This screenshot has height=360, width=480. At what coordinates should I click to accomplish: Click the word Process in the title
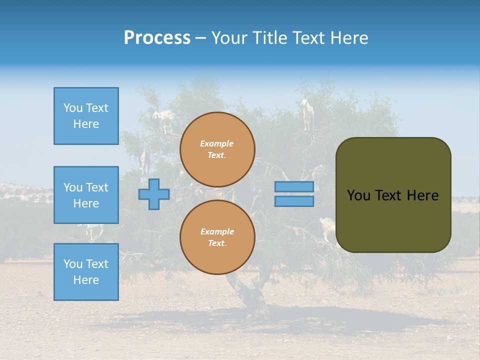pos(157,38)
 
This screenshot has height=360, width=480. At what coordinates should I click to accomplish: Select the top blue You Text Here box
pos(86,116)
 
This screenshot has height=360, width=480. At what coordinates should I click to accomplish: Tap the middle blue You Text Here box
pos(86,195)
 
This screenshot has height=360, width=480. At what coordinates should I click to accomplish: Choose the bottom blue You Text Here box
pos(86,272)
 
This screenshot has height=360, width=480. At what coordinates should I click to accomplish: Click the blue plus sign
pos(154,194)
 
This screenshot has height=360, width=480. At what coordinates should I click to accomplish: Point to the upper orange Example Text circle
pos(217,149)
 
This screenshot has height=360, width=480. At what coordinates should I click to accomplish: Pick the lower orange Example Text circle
pos(217,237)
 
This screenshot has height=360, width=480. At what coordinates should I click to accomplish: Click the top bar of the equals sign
pos(294,186)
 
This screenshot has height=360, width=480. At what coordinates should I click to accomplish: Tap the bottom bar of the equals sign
pos(294,201)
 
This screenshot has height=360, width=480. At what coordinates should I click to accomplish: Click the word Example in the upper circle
pos(216,144)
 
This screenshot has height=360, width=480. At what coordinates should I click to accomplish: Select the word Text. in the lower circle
pos(217,243)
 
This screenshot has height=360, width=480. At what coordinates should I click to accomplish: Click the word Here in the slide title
pos(348,38)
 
